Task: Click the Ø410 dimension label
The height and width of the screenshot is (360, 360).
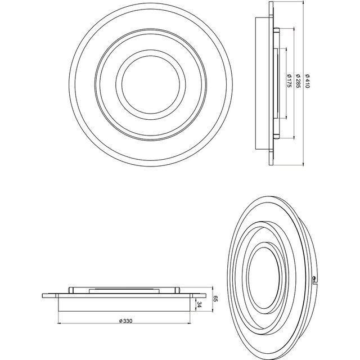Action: click(308, 83)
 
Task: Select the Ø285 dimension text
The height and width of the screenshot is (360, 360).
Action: click(298, 83)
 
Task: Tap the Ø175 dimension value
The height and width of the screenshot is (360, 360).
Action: click(289, 83)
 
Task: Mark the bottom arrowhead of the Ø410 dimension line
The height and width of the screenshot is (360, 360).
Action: click(304, 165)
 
